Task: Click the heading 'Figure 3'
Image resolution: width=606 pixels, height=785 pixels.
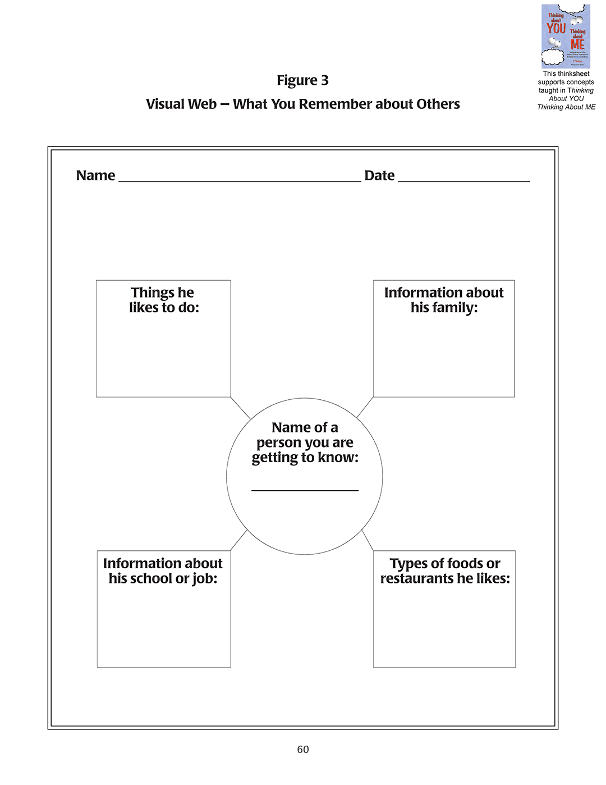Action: pyautogui.click(x=302, y=80)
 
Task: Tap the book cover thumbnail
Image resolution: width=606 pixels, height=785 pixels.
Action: pyautogui.click(x=566, y=36)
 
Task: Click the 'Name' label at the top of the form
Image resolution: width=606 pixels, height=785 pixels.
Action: pyautogui.click(x=95, y=176)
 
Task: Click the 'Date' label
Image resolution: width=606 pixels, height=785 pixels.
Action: pyautogui.click(x=379, y=176)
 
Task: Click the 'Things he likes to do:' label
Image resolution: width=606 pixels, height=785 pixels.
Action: pyautogui.click(x=163, y=300)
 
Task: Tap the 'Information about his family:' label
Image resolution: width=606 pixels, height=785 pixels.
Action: pyautogui.click(x=444, y=300)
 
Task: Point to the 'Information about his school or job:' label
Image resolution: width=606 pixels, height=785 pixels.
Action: pyautogui.click(x=163, y=571)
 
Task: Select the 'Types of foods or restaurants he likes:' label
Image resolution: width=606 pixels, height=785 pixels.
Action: pyautogui.click(x=445, y=571)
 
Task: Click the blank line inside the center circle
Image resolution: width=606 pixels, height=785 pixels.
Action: pyautogui.click(x=305, y=490)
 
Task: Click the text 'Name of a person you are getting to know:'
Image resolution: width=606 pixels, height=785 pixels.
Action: pyautogui.click(x=305, y=442)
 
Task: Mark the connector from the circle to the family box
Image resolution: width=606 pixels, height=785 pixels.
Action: pyautogui.click(x=365, y=407)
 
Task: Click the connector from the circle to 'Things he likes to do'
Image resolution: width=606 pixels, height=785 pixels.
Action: pyautogui.click(x=241, y=408)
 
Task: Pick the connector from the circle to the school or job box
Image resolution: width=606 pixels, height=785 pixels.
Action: pyautogui.click(x=238, y=541)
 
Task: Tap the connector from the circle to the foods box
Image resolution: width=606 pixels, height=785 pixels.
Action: pyautogui.click(x=368, y=540)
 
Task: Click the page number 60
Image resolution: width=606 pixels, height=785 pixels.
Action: pyautogui.click(x=303, y=750)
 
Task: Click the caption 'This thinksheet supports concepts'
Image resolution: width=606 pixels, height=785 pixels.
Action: pyautogui.click(x=566, y=77)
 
